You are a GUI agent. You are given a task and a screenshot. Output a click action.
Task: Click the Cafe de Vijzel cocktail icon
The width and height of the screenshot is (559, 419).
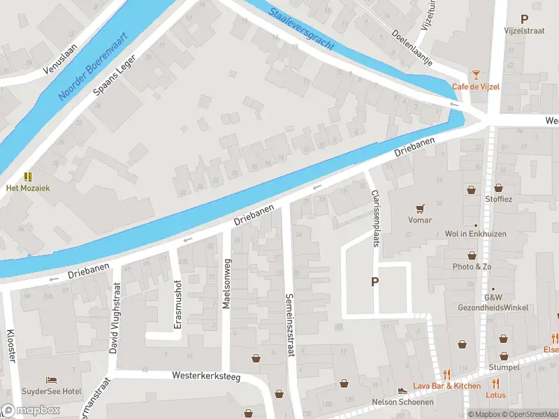[x=476, y=74]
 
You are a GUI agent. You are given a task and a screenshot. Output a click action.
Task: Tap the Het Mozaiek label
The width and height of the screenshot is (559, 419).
[x=29, y=188]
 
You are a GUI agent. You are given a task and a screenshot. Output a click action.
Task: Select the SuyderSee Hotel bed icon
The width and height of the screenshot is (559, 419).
[x=52, y=380]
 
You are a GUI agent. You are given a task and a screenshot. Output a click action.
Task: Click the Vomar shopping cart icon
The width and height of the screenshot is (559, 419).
[x=420, y=208]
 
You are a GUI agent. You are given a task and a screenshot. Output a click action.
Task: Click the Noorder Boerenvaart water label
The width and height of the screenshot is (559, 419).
[x=92, y=66]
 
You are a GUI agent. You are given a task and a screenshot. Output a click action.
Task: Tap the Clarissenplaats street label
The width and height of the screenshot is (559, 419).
[x=376, y=219]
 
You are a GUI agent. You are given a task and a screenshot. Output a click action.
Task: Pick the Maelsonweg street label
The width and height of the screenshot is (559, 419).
[x=226, y=282]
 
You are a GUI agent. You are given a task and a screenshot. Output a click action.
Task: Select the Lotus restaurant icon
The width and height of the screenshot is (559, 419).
[x=495, y=383]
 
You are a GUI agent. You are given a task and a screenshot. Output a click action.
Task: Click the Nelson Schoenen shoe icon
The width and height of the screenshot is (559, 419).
[x=402, y=390]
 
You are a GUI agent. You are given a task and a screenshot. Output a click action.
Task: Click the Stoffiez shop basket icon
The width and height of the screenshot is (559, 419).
[x=498, y=187]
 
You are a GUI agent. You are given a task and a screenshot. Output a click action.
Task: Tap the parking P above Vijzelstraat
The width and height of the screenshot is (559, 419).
[x=524, y=20]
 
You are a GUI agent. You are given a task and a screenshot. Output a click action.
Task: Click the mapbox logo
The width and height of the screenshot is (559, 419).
[x=31, y=411]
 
